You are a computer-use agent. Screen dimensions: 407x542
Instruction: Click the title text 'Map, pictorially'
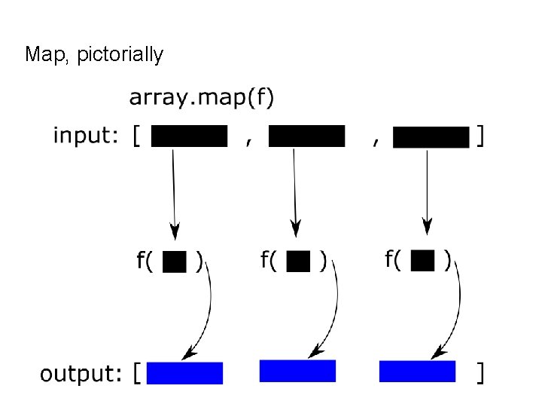[93, 55]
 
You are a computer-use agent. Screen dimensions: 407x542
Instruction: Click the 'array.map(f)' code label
[202, 98]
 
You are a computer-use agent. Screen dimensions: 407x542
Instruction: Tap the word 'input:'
[85, 136]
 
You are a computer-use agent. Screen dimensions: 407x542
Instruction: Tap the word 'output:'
[81, 373]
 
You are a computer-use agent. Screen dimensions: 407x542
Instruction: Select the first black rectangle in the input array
[189, 136]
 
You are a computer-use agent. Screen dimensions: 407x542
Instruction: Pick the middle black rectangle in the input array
[306, 136]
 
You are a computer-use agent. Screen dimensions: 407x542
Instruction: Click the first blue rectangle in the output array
[185, 373]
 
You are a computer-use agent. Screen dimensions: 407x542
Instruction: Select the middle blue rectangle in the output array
[297, 371]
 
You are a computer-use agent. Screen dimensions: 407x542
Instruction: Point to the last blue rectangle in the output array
[417, 372]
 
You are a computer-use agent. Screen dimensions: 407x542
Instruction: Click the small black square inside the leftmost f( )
[175, 262]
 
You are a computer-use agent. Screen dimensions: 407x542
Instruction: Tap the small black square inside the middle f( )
[299, 262]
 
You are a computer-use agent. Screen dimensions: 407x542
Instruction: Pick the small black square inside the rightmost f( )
[424, 261]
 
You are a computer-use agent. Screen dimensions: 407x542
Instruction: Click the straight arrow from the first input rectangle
[174, 188]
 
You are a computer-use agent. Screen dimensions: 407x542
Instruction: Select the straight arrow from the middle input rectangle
[295, 188]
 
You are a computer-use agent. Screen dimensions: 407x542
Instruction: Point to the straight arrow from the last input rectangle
[427, 188]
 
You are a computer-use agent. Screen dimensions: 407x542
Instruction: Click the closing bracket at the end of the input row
[480, 136]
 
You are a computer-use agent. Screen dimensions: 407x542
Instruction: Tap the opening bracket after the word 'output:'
[136, 373]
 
